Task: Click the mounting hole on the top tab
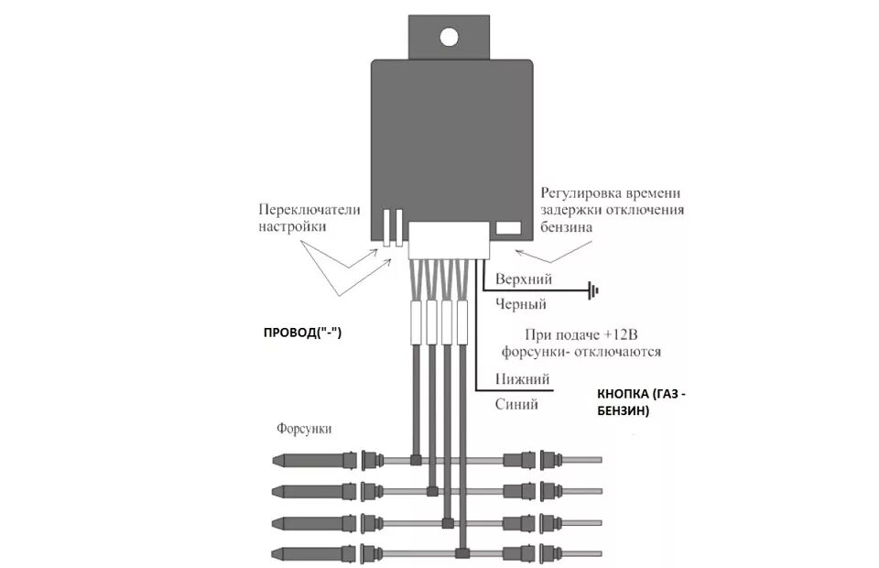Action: pyautogui.click(x=449, y=37)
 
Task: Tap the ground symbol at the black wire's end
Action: pyautogui.click(x=594, y=292)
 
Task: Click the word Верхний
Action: pyautogui.click(x=524, y=278)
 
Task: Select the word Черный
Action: pyautogui.click(x=520, y=304)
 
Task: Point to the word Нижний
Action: pyautogui.click(x=522, y=378)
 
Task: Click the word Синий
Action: pyautogui.click(x=516, y=404)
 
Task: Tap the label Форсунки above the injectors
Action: pyautogui.click(x=303, y=429)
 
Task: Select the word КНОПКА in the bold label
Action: pyautogui.click(x=624, y=395)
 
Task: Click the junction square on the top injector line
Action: pyautogui.click(x=416, y=459)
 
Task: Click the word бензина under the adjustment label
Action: pyautogui.click(x=567, y=226)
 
